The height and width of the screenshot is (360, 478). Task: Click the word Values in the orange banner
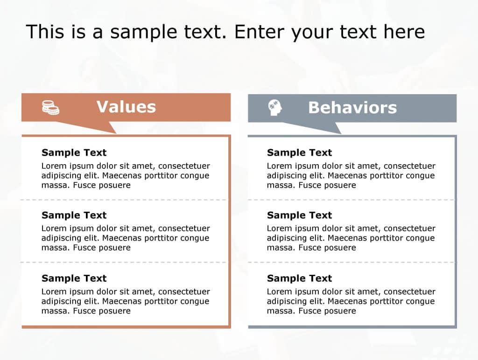click(126, 107)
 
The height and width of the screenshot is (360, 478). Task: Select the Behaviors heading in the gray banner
click(352, 108)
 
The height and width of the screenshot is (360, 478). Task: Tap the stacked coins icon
click(50, 107)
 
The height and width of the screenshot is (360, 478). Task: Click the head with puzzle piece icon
click(275, 108)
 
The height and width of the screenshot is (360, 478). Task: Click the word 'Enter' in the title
click(259, 32)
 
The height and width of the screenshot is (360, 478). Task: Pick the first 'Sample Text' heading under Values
click(74, 152)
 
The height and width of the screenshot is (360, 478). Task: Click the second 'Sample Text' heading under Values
click(74, 215)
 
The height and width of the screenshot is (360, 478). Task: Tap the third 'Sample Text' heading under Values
click(74, 278)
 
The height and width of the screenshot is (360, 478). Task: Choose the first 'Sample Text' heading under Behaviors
click(299, 152)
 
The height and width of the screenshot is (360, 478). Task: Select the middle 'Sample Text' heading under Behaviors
click(299, 215)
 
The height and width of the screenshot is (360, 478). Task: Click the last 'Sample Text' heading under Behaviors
click(299, 278)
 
